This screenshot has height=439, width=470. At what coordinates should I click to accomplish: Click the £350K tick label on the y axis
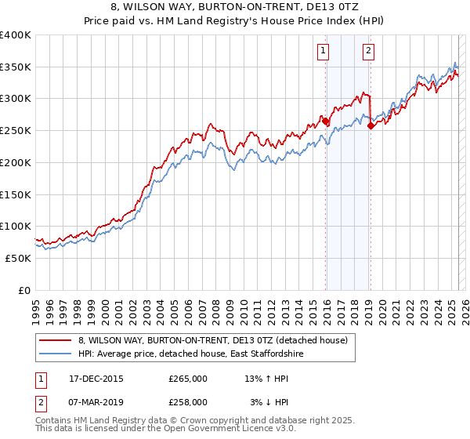pyautogui.click(x=16, y=67)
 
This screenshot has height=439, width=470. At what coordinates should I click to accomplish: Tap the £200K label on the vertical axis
pyautogui.click(x=16, y=163)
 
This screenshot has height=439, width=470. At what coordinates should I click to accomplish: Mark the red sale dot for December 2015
pyautogui.click(x=326, y=122)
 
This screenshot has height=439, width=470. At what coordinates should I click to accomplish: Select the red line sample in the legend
pyautogui.click(x=56, y=339)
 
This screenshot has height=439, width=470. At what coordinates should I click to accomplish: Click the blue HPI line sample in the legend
pyautogui.click(x=56, y=354)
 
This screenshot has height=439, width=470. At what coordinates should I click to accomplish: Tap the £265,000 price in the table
pyautogui.click(x=188, y=379)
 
